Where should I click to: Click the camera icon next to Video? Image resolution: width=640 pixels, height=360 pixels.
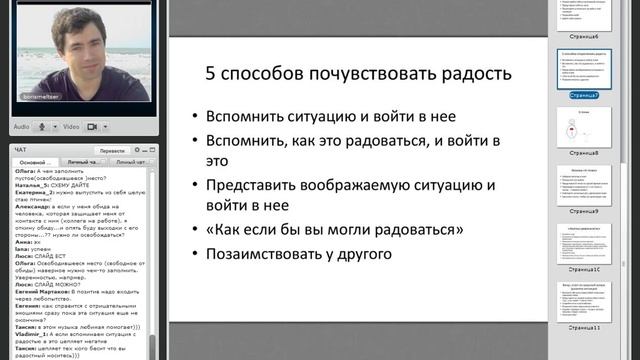click(92, 127)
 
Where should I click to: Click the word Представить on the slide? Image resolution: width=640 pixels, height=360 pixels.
click(251, 185)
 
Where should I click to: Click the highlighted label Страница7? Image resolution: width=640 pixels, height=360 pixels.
click(583, 96)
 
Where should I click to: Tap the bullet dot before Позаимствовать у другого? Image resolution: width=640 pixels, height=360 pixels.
click(193, 254)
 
